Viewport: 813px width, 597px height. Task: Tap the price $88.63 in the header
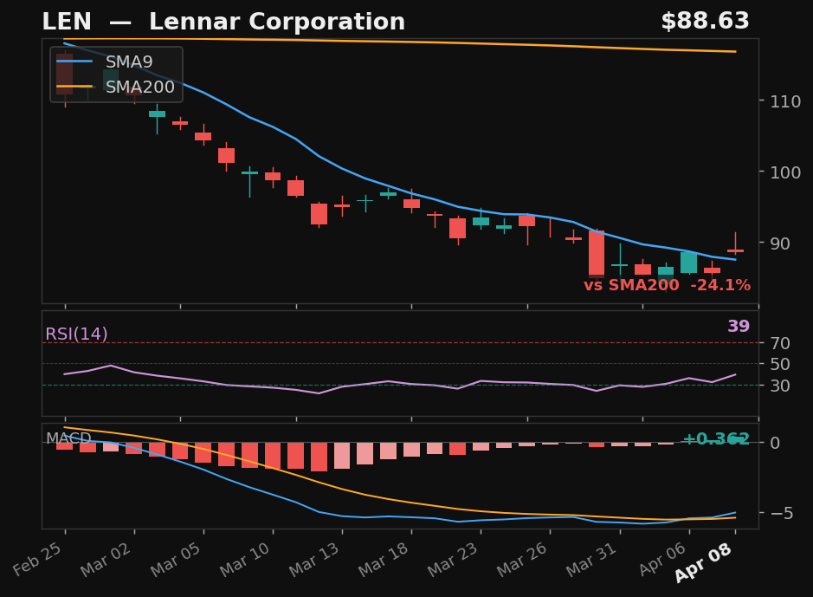[x=705, y=22]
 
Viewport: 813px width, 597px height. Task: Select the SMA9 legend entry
[x=128, y=62]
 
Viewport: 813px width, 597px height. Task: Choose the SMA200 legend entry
[x=139, y=88]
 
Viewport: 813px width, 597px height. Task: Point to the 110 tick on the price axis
[x=782, y=101]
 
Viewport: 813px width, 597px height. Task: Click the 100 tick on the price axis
[x=782, y=172]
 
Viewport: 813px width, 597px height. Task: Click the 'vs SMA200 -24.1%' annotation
[x=667, y=286]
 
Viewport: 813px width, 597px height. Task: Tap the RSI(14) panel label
[x=76, y=334]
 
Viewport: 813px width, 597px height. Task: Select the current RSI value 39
[x=739, y=327]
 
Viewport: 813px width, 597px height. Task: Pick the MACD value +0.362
[x=716, y=439]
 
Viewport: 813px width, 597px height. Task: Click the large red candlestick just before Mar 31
[x=597, y=254]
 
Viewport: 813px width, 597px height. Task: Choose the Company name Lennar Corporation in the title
[x=276, y=23]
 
